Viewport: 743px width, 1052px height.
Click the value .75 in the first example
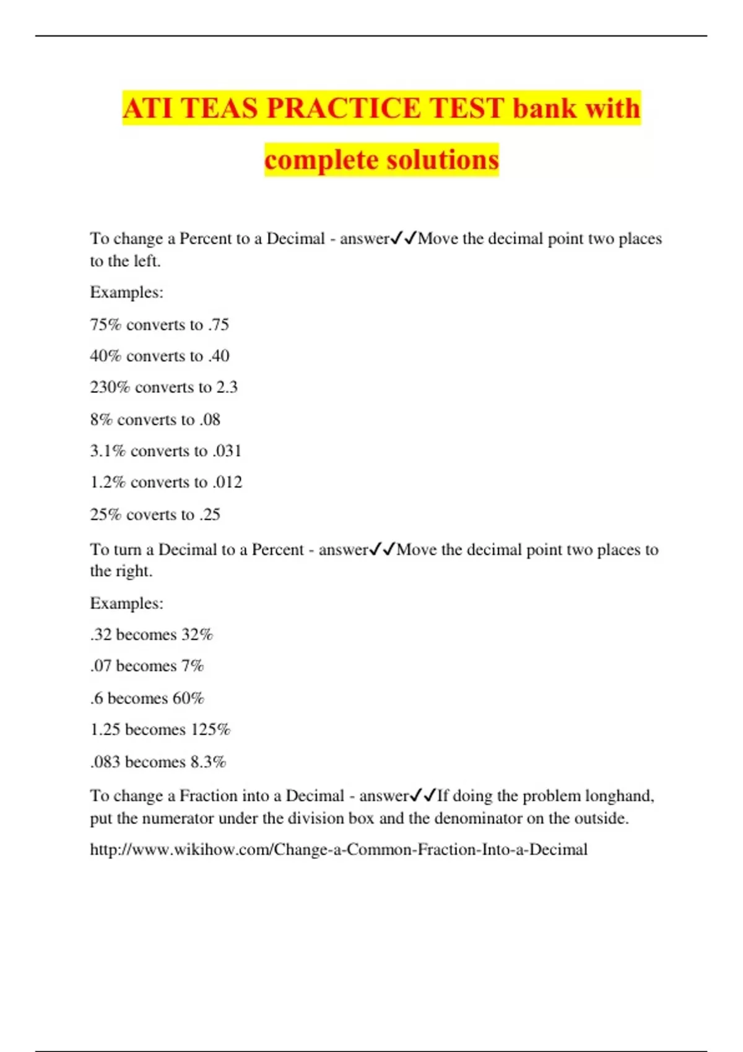218,324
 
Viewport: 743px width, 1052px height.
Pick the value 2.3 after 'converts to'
227,387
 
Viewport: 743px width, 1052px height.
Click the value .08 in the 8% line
209,420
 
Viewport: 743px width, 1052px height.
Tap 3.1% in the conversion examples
107,451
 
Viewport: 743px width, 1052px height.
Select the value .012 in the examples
227,482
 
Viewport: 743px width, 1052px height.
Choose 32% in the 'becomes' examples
197,635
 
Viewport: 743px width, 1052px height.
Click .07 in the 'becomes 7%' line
100,666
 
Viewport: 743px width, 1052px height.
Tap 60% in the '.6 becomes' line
188,699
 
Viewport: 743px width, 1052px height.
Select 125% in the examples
210,730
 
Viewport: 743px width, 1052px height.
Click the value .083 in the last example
105,762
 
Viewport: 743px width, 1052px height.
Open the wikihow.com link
339,850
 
